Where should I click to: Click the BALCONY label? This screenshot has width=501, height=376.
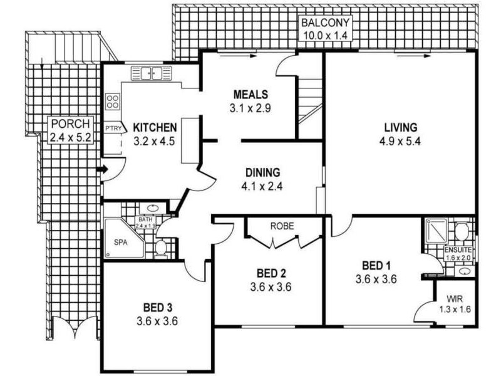326,23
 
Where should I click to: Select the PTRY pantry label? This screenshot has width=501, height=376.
113,128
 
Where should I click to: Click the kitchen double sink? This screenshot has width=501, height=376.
151,73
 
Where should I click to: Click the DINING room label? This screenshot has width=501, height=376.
262,172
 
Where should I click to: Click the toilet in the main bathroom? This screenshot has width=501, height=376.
160,249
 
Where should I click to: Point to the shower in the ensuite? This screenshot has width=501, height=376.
436,231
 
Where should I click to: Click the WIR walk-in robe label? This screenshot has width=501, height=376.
455,299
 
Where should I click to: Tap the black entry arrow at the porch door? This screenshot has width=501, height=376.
101,169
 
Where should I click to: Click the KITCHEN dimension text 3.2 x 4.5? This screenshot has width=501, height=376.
154,141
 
